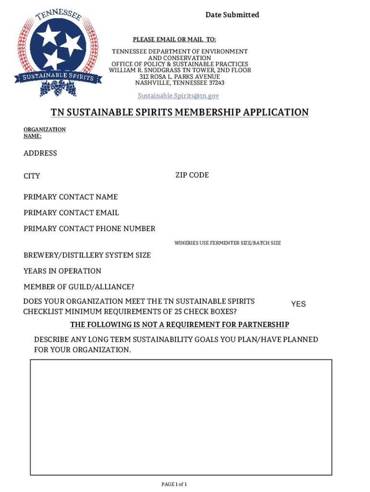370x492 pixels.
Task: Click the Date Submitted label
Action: (x=232, y=15)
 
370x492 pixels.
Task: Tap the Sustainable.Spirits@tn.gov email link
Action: (x=178, y=96)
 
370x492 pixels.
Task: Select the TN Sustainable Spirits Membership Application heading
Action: (x=180, y=112)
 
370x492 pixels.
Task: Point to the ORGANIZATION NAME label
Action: (x=44, y=133)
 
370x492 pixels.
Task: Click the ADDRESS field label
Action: (x=40, y=153)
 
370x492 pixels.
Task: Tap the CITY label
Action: (x=32, y=176)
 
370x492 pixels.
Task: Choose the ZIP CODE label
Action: (x=192, y=175)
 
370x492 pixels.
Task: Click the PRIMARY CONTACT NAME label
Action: (x=71, y=197)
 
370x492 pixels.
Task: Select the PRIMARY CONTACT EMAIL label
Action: (x=71, y=213)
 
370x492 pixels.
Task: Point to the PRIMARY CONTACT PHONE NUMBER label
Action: (x=89, y=229)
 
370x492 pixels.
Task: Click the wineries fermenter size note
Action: (x=227, y=243)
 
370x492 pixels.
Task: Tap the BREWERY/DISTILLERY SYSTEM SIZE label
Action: (x=87, y=255)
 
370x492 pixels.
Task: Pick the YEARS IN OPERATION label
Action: (x=62, y=271)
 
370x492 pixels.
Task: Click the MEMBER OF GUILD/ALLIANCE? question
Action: (x=79, y=287)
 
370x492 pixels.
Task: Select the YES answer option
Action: (x=298, y=304)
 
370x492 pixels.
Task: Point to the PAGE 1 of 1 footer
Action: (x=173, y=484)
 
